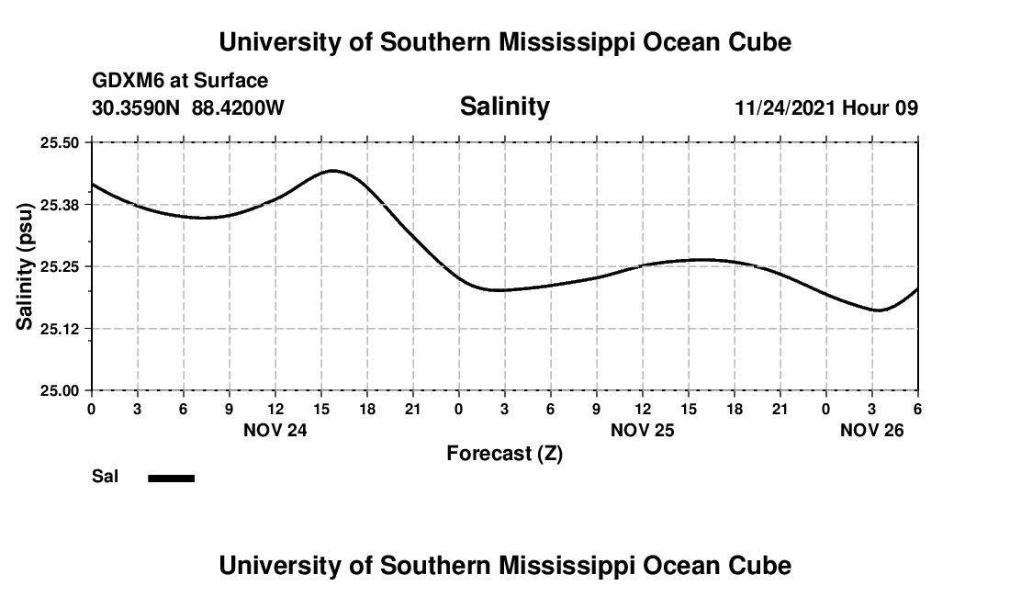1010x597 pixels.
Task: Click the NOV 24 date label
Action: (275, 430)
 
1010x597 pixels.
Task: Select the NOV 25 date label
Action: (643, 430)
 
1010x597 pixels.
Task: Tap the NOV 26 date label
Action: (872, 430)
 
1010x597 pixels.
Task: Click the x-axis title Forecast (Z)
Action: (504, 454)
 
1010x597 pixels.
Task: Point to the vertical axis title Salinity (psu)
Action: (25, 266)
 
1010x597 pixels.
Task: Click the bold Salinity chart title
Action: (504, 107)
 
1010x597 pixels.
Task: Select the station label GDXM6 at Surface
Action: (180, 82)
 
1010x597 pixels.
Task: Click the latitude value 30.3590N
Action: (137, 108)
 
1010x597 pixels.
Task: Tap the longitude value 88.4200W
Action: (238, 108)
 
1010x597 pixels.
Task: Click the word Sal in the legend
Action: (105, 477)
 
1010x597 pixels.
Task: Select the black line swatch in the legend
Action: (171, 478)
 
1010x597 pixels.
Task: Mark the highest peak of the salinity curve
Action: (332, 171)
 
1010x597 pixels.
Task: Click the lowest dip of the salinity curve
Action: (879, 310)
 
